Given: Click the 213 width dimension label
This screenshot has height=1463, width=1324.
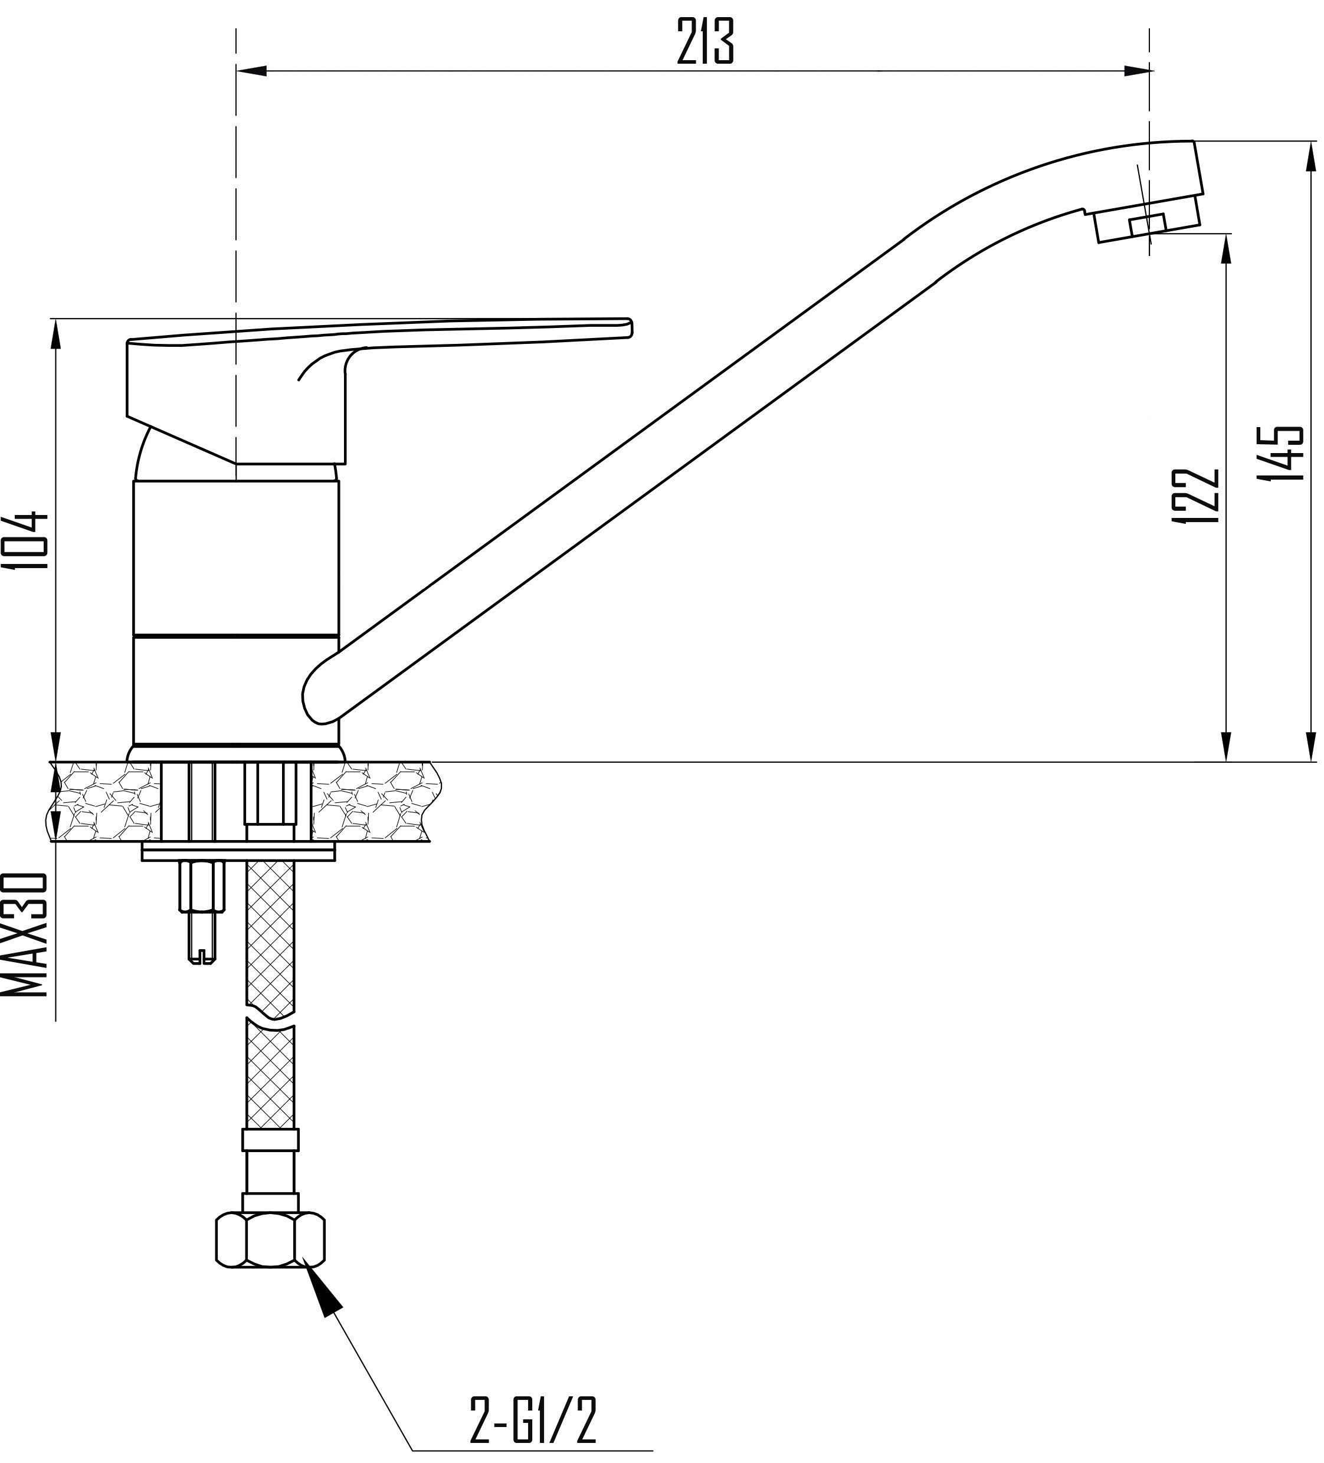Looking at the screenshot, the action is tap(705, 41).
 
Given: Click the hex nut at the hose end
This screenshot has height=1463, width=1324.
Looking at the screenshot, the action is tap(270, 1242).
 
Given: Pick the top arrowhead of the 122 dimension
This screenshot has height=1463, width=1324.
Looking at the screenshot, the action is tap(1226, 249).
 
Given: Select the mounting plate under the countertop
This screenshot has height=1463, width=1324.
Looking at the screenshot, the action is tap(239, 852).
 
